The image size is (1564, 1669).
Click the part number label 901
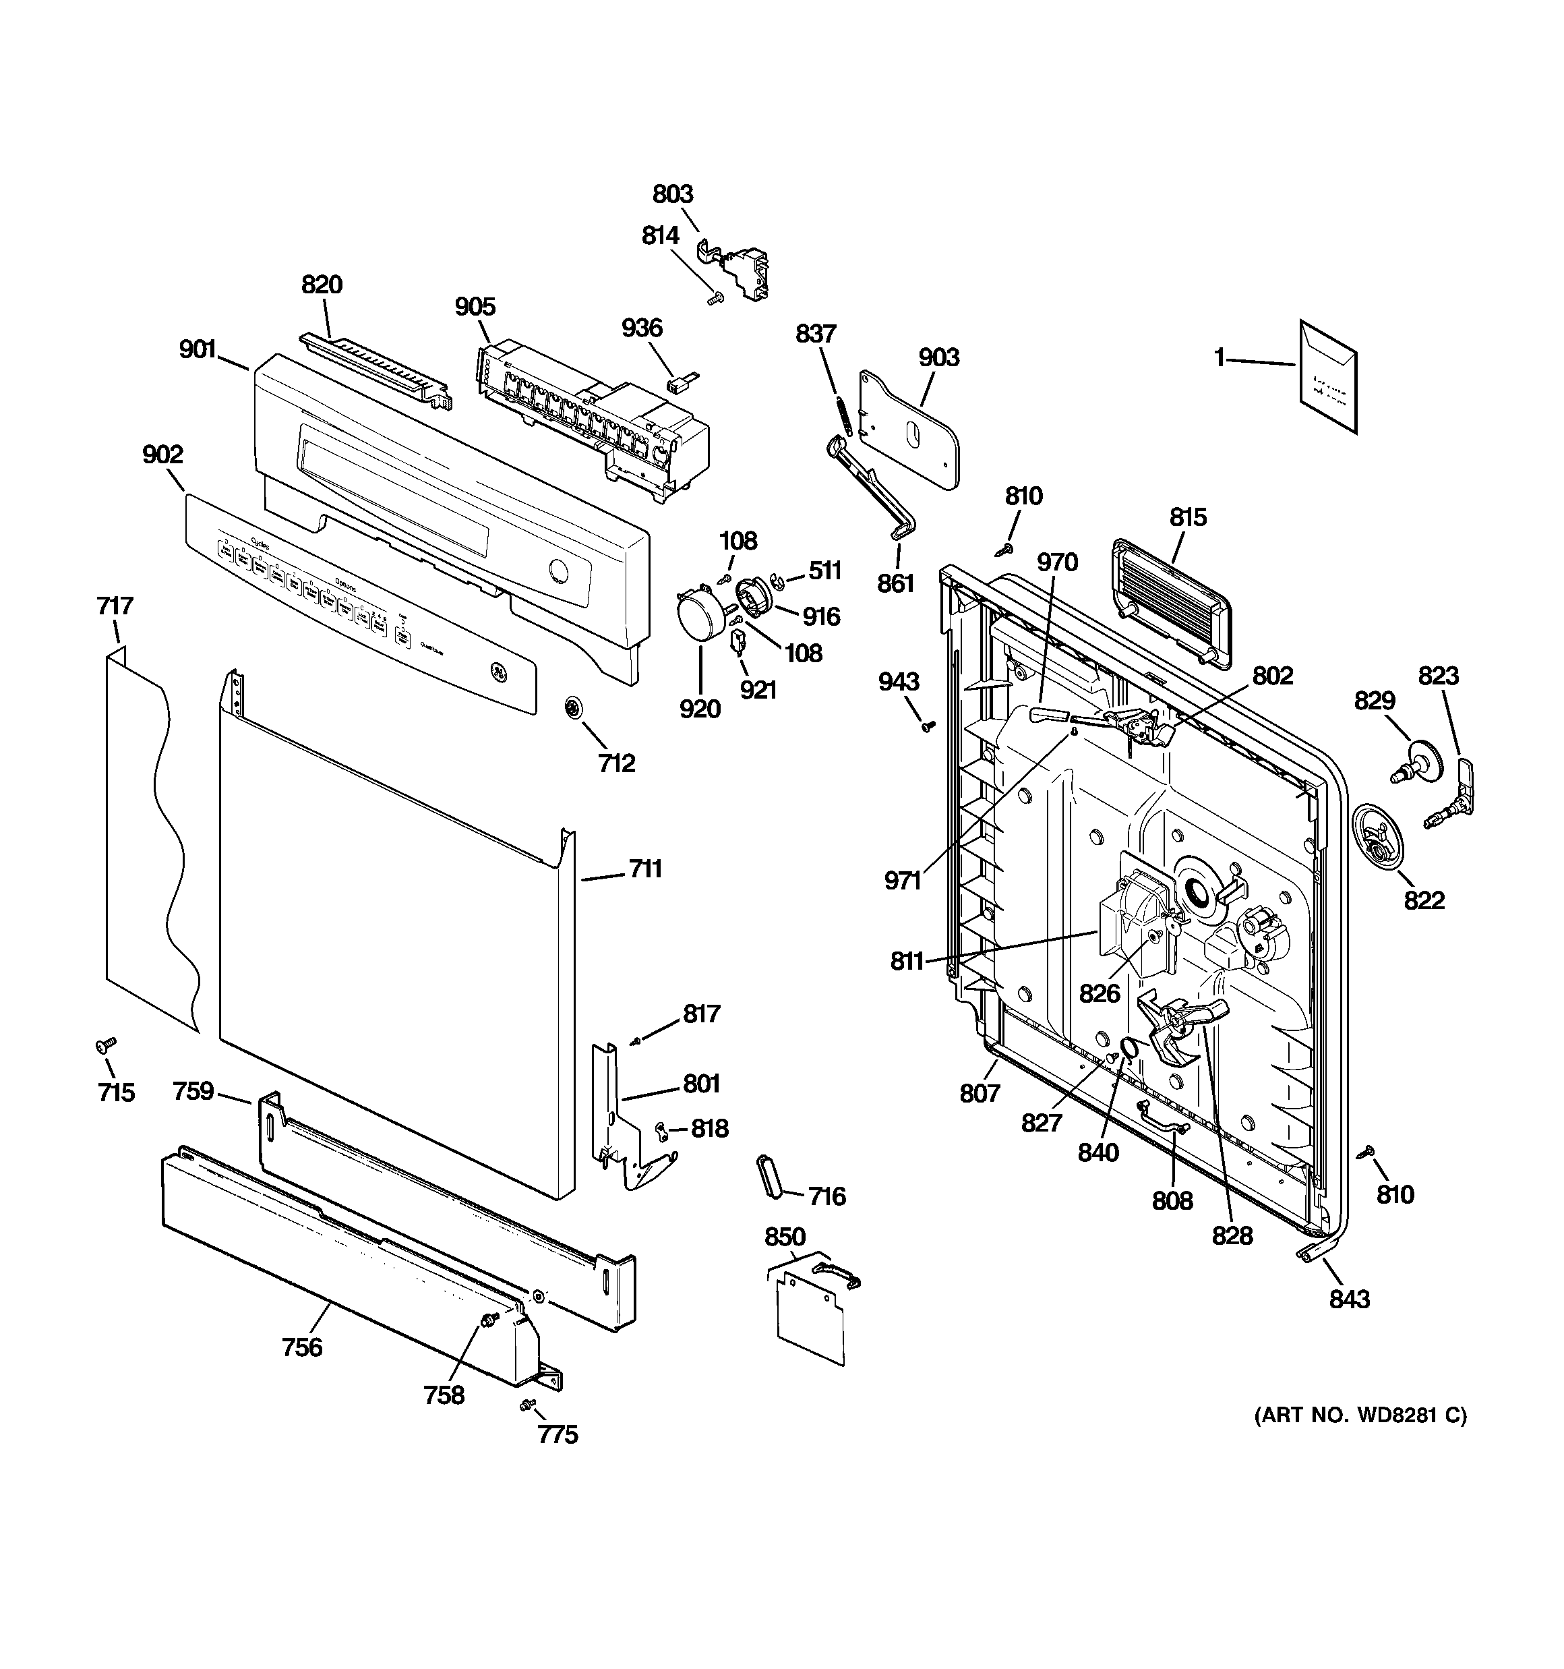[198, 349]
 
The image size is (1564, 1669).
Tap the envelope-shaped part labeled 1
[1327, 378]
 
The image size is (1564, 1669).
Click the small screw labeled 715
[106, 1045]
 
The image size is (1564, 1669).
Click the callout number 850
[785, 1237]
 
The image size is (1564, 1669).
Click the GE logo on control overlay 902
[500, 673]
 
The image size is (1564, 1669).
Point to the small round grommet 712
[574, 707]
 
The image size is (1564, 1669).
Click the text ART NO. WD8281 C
[1360, 1415]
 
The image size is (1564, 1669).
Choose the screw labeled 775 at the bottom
[526, 1404]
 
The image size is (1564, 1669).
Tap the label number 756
[302, 1347]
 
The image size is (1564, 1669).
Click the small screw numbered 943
[928, 726]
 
